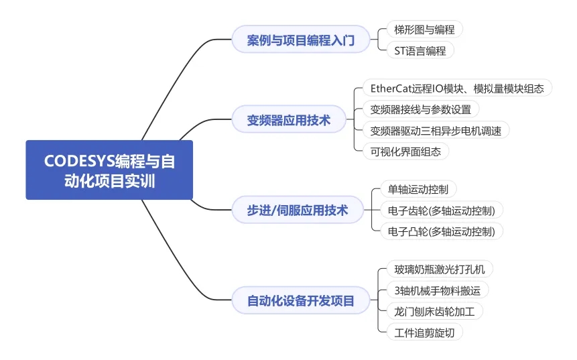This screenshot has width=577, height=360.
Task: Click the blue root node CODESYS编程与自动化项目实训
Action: [x=109, y=170]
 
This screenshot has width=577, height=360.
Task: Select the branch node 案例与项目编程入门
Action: [x=301, y=40]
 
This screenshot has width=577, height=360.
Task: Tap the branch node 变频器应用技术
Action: [x=289, y=119]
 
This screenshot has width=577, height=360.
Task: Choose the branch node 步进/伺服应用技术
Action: [x=298, y=210]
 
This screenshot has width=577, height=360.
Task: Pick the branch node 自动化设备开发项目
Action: [x=301, y=300]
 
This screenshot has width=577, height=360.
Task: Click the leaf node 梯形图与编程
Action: [x=425, y=29]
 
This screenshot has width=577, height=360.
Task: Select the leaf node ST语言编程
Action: [x=420, y=50]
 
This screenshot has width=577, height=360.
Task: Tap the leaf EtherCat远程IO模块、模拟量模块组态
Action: [x=458, y=88]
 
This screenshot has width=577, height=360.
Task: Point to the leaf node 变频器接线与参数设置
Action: [x=421, y=109]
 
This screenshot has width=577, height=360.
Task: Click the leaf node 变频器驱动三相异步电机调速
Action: [x=436, y=130]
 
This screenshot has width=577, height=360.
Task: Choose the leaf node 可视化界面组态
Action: [x=406, y=152]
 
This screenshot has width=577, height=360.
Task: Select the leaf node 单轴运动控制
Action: [x=418, y=189]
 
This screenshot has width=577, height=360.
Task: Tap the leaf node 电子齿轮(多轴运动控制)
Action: [x=442, y=211]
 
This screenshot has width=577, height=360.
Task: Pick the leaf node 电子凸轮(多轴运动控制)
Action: [x=442, y=231]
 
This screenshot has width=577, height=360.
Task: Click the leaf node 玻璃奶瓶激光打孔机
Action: [x=440, y=269]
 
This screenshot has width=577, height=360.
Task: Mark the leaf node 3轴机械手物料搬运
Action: [x=438, y=290]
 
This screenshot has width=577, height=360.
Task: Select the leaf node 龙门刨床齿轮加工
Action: [x=434, y=312]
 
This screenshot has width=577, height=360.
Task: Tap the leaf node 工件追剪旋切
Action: [x=425, y=333]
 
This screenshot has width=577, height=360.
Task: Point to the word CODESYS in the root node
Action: [x=80, y=161]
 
